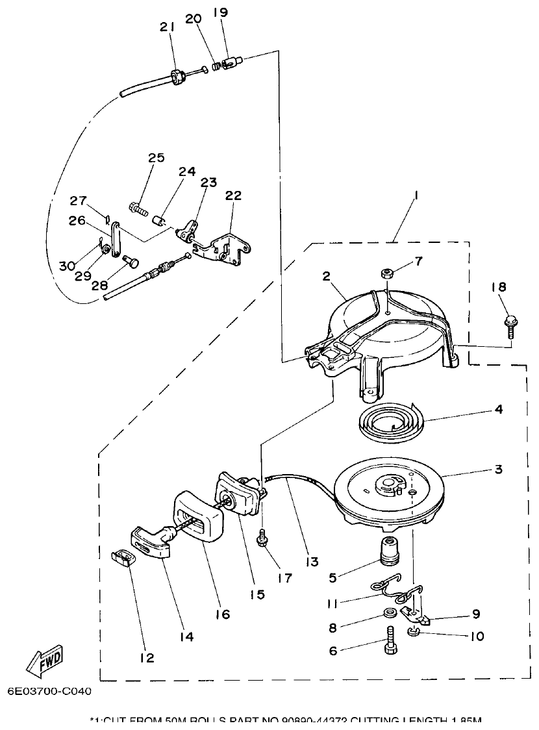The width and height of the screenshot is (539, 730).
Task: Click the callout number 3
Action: [x=498, y=469]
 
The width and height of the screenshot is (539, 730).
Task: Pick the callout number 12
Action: [x=147, y=657]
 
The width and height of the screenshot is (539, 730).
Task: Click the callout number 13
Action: [x=313, y=561]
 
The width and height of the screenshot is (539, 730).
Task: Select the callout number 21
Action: [x=168, y=27]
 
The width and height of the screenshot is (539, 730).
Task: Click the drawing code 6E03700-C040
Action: [x=50, y=691]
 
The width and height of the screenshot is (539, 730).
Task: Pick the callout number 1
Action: [x=414, y=195]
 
